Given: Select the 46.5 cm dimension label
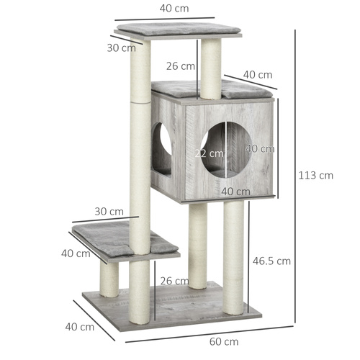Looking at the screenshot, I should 272,261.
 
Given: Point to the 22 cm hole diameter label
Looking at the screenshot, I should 210,153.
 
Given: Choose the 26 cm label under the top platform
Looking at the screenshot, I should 181,66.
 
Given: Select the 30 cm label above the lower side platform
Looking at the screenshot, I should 108,212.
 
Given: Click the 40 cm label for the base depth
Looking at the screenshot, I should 80,326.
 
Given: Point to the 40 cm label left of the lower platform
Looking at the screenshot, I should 76,253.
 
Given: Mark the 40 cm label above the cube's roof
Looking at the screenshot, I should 257,75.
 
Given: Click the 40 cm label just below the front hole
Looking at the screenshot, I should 235,192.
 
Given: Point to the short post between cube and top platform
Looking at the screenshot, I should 210,68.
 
